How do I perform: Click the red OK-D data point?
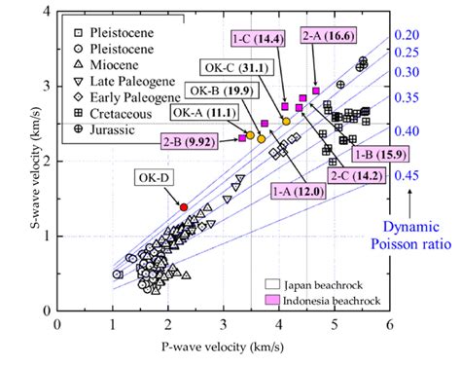[184, 207]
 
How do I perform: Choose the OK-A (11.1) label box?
[198, 113]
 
